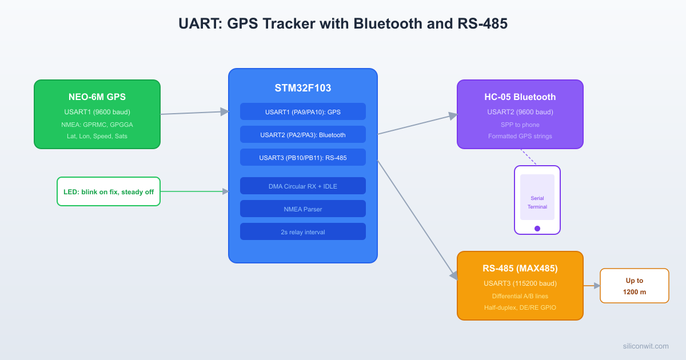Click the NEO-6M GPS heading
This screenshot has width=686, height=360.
(97, 97)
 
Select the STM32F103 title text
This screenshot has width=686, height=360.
(303, 88)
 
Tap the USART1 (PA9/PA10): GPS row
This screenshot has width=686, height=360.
(303, 112)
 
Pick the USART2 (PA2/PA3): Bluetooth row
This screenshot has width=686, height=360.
(303, 135)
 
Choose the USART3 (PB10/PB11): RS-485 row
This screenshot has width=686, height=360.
(303, 158)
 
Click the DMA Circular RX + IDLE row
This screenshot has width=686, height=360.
(303, 186)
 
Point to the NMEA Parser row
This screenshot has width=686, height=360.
(303, 209)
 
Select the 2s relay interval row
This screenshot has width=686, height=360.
(303, 232)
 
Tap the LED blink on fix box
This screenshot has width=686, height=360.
(109, 191)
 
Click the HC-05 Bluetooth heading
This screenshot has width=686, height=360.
(520, 97)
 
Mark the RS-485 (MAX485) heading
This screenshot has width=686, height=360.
(520, 268)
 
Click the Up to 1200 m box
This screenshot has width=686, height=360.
(635, 286)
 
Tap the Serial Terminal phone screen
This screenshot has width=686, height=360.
(537, 197)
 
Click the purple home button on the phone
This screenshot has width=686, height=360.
(537, 229)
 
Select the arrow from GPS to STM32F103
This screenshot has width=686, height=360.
(194, 113)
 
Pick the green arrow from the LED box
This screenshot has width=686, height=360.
(194, 191)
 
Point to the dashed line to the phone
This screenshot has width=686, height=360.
(528, 157)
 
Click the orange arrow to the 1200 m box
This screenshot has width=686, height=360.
(591, 286)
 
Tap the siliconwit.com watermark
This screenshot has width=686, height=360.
(645, 346)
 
